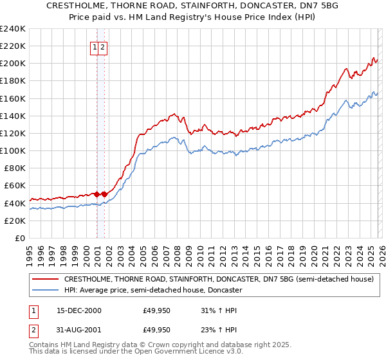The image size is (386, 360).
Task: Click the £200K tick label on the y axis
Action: pos(12,64)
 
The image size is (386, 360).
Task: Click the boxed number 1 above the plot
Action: pos(95,46)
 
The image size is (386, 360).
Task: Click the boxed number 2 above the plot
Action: pos(102,46)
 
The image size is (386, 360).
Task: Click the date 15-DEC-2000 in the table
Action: pos(78,311)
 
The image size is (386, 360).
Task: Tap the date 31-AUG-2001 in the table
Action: pos(78,330)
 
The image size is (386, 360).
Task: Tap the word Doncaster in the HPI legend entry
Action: pos(223,291)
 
